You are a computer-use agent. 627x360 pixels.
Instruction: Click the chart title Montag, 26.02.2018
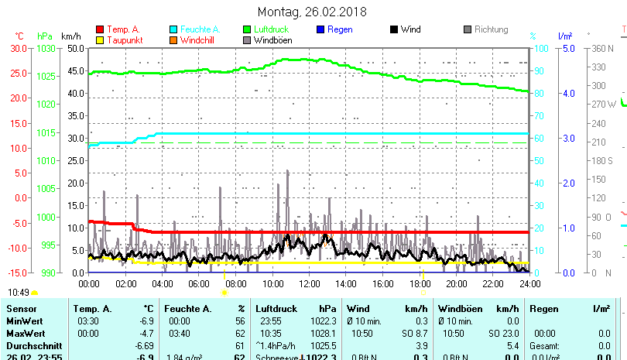pos(313,12)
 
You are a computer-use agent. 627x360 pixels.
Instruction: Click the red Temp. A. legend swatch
pos(100,29)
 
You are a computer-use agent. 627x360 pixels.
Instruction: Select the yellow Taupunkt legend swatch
pos(100,39)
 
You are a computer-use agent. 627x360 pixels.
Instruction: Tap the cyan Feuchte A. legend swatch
pos(174,29)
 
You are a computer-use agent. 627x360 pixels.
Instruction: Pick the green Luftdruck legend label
pos(271,29)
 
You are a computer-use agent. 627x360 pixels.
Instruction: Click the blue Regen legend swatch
pos(321,29)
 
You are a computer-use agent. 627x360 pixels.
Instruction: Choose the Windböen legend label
pos(272,39)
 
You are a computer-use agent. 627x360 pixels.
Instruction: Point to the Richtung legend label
pos(491,29)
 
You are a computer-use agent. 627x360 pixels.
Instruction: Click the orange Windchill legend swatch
pos(174,39)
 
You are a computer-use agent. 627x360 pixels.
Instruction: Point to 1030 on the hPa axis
pos(46,48)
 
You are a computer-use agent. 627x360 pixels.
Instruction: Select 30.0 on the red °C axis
pos(17,48)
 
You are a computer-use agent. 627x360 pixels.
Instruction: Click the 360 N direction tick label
pos(603,48)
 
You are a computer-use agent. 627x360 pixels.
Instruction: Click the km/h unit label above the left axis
pos(70,36)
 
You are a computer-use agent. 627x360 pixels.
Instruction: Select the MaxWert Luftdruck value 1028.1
pos(324,333)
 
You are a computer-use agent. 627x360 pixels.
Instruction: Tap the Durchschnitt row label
pos(32,345)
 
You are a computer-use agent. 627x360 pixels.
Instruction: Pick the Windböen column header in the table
pos(459,309)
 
